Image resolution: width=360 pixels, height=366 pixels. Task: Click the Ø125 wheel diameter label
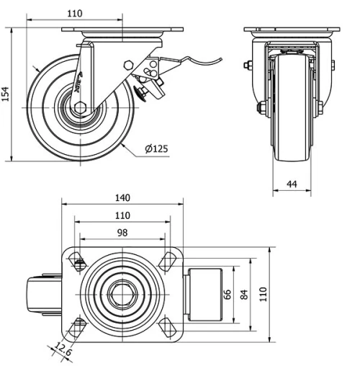coord(156,149)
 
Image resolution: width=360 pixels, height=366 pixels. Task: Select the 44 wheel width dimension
coord(292,184)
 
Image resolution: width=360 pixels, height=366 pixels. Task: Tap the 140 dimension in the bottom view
coord(122,197)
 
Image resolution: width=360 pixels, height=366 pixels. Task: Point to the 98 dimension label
coord(122,232)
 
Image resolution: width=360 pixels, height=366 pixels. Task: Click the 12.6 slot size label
coord(60,352)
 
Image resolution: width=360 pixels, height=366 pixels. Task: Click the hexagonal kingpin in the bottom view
coord(122,295)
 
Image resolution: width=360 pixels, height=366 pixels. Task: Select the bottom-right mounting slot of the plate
coord(171,327)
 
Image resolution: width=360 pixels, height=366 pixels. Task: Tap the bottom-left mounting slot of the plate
coord(75,328)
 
